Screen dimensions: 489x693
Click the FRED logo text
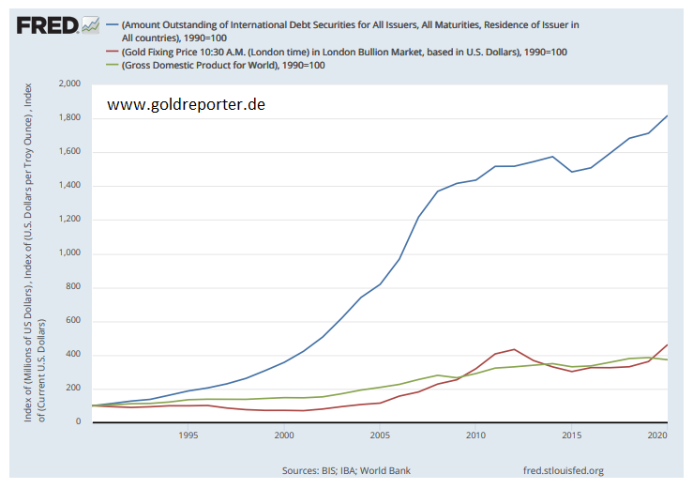[47, 24]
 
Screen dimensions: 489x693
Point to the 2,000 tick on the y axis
[68, 84]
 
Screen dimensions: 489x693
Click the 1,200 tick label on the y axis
[68, 220]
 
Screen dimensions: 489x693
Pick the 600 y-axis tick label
[72, 321]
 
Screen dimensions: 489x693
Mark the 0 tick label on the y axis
[79, 422]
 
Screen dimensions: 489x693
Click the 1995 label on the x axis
[188, 436]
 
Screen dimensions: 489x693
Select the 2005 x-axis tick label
[379, 436]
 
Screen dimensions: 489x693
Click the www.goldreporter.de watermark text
[186, 104]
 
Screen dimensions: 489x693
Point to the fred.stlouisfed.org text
[560, 470]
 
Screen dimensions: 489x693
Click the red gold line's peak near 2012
[514, 349]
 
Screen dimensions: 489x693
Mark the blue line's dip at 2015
[571, 172]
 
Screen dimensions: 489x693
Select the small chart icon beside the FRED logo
[91, 23]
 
